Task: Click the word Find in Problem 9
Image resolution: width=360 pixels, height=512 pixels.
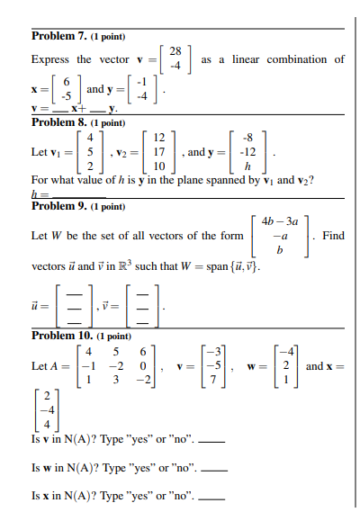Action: (333, 236)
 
